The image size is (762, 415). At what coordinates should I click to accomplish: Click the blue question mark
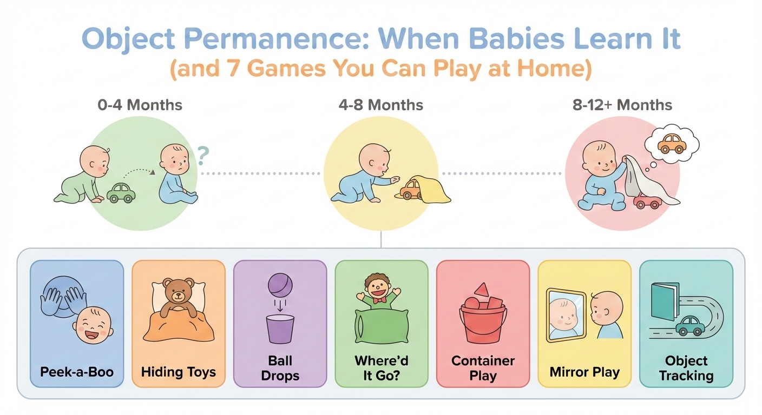(202, 156)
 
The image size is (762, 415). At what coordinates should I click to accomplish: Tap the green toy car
(121, 193)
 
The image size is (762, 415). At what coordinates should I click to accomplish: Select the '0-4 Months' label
(140, 104)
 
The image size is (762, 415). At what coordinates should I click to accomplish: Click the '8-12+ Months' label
(622, 104)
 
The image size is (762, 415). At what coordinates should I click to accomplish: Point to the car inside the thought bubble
(671, 143)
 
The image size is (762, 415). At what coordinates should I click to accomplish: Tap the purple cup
(280, 329)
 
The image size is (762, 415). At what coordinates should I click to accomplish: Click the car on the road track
(689, 326)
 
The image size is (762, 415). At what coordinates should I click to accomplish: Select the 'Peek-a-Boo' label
(76, 372)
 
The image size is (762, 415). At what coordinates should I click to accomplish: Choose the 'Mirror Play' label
(584, 372)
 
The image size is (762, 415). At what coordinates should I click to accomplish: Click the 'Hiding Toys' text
(178, 372)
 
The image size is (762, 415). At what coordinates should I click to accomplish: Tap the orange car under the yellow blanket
(412, 190)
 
